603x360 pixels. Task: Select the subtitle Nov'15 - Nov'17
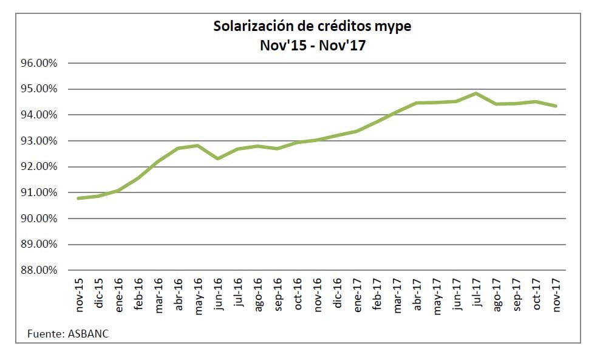(312, 45)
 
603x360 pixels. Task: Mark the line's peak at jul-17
(477, 93)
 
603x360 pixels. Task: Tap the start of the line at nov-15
(79, 198)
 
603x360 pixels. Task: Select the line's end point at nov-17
(556, 106)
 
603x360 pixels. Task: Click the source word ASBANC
(89, 333)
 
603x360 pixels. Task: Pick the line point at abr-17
(417, 103)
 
